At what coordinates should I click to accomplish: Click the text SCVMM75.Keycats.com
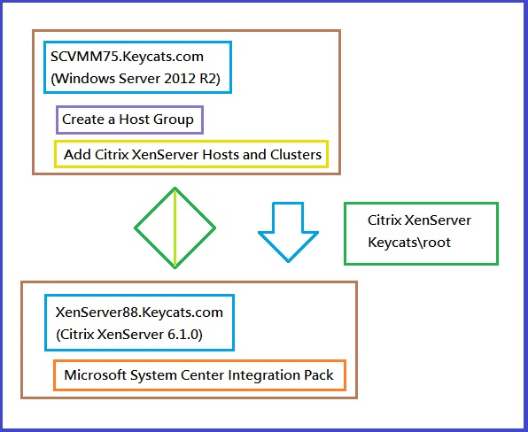pos(127,57)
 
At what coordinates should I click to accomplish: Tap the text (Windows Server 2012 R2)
pos(136,79)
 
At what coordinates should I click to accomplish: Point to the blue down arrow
pos(288,232)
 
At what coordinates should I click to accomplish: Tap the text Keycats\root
pos(409,243)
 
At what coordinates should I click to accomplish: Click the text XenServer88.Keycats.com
pos(139,312)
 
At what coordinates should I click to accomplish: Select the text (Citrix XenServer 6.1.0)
pos(129,335)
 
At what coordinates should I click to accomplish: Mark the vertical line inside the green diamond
pos(175,228)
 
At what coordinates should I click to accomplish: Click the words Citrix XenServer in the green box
pos(419,220)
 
